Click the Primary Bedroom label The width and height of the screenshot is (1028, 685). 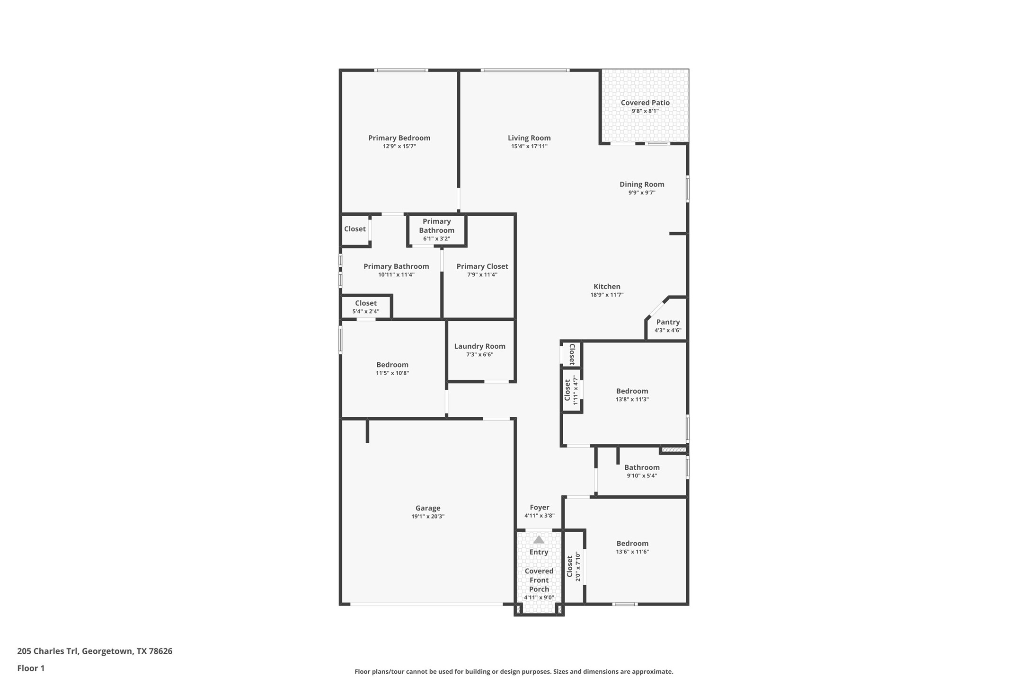(399, 138)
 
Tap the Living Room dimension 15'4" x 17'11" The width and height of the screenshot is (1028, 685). (529, 147)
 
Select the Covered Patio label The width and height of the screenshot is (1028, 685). (645, 103)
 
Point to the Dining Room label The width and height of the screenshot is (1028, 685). (642, 184)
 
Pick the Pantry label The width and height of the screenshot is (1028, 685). (668, 322)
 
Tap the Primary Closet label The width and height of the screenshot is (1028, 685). (482, 267)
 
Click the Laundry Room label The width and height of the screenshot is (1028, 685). (479, 346)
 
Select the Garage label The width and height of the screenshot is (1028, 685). (428, 509)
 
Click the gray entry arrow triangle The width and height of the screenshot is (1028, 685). (539, 540)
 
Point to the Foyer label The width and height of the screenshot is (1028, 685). (539, 508)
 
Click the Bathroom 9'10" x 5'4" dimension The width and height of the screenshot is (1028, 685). (641, 476)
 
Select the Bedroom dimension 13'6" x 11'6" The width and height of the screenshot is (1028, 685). (632, 552)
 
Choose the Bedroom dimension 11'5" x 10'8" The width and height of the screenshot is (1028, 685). (392, 373)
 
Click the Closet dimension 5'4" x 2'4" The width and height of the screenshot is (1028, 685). (365, 312)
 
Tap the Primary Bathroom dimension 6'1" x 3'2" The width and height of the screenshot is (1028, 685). (436, 239)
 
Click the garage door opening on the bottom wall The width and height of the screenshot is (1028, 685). (426, 604)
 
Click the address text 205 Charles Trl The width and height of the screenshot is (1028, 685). (48, 651)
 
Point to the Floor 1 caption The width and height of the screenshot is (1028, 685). (31, 668)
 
